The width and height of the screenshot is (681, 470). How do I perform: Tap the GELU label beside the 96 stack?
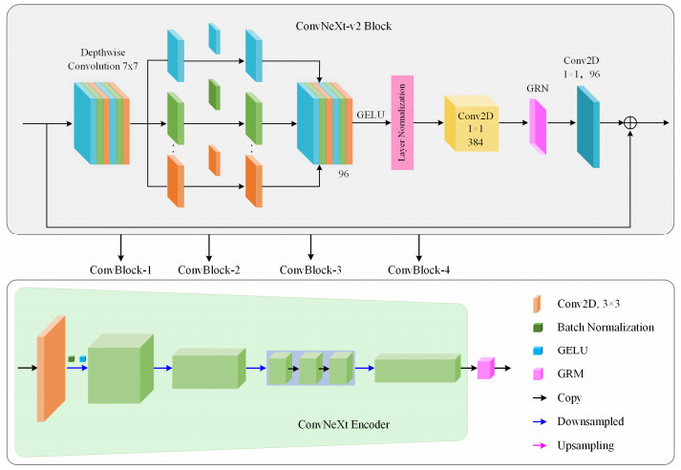click(x=369, y=113)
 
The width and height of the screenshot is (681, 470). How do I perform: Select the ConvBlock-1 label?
click(x=120, y=268)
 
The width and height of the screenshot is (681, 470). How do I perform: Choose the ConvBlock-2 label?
click(x=209, y=268)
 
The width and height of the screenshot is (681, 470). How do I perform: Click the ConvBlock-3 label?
click(x=311, y=268)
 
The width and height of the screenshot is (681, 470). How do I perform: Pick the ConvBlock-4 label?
click(x=419, y=268)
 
